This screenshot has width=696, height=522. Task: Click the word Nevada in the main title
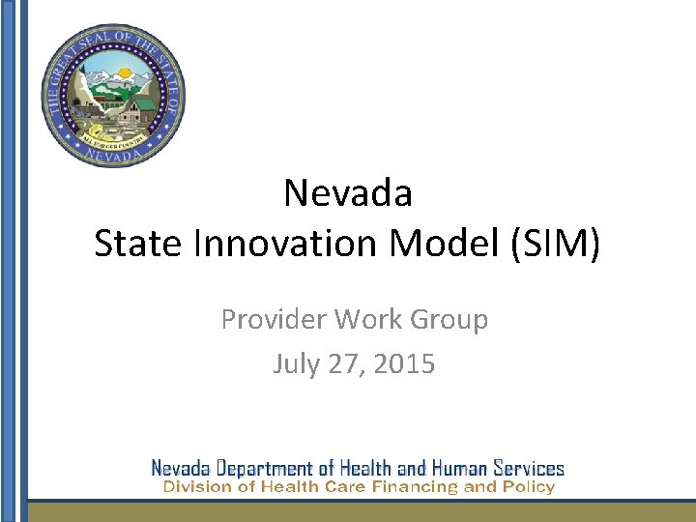point(348,193)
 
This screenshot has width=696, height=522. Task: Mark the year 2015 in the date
point(404,364)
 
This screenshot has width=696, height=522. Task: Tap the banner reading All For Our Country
point(113,138)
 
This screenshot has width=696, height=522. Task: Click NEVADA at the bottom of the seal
point(113,155)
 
